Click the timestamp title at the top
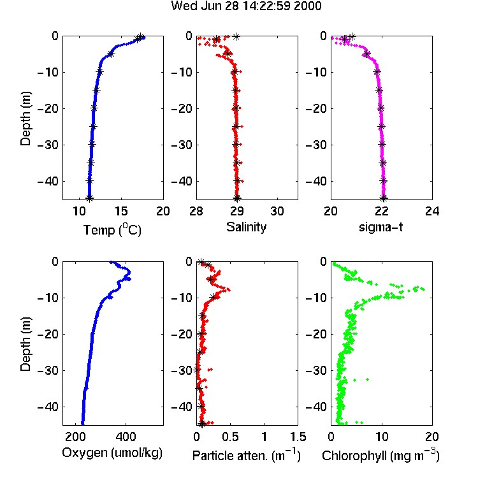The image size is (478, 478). [x=246, y=6]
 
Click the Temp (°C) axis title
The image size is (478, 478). [x=112, y=229]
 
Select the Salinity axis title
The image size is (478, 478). [x=246, y=227]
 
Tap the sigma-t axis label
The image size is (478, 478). [x=380, y=227]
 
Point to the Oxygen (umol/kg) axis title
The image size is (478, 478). [x=112, y=453]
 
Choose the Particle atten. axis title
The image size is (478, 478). [x=246, y=455]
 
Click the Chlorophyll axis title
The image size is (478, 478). [x=380, y=455]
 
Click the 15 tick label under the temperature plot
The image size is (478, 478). [x=121, y=211]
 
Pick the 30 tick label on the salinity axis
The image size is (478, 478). [x=277, y=211]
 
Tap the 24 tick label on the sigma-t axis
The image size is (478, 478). [x=432, y=211]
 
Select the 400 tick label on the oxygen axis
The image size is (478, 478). [x=126, y=437]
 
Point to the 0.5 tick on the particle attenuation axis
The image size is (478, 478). [x=230, y=437]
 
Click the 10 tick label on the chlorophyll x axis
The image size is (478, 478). [x=382, y=437]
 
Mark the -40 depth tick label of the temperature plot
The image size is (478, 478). [x=48, y=182]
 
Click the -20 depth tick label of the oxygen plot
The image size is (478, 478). [x=48, y=334]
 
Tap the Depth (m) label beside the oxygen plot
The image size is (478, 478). [x=25, y=344]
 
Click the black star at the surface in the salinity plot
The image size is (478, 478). [x=236, y=36]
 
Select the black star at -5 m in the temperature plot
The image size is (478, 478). [x=111, y=54]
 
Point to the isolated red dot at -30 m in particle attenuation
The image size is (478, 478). [x=210, y=370]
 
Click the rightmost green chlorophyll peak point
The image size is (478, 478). [x=423, y=289]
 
